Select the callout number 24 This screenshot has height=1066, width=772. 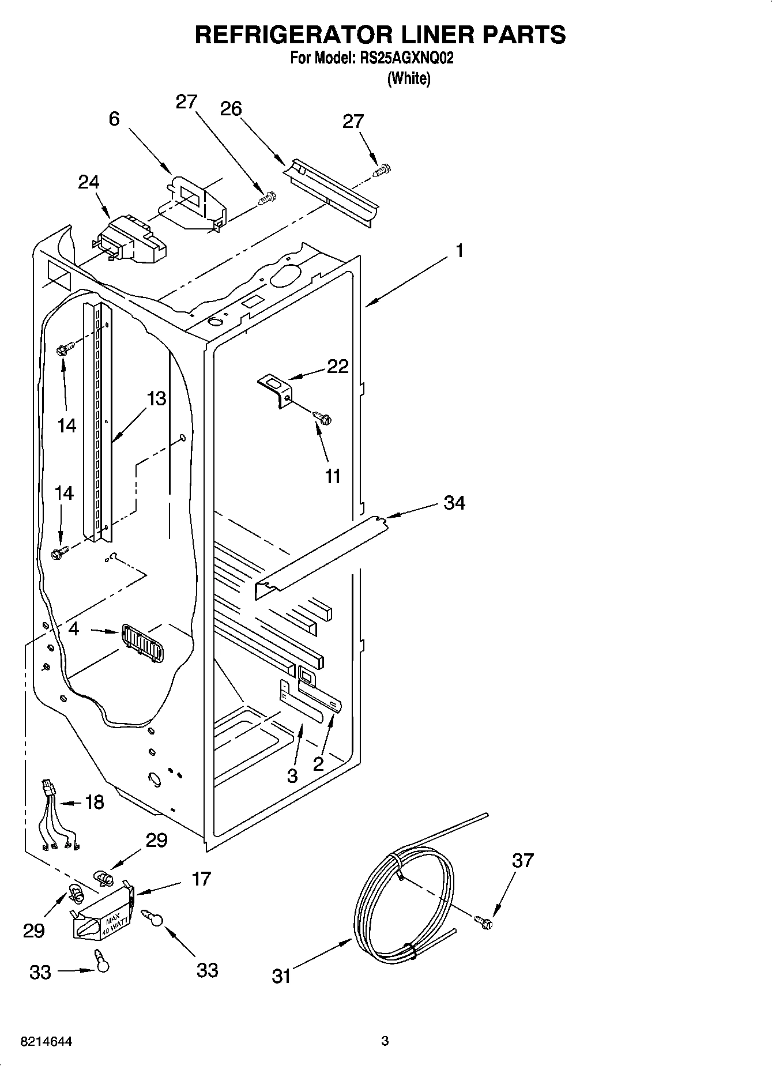point(89,182)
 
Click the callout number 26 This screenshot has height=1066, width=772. point(231,108)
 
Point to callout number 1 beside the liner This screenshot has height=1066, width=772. point(460,251)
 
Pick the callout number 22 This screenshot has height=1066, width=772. point(338,366)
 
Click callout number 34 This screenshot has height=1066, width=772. point(454,503)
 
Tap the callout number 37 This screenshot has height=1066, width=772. point(523,860)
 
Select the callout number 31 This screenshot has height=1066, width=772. point(281,976)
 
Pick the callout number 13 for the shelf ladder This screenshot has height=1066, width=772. point(156,398)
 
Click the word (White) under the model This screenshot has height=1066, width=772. point(409,78)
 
